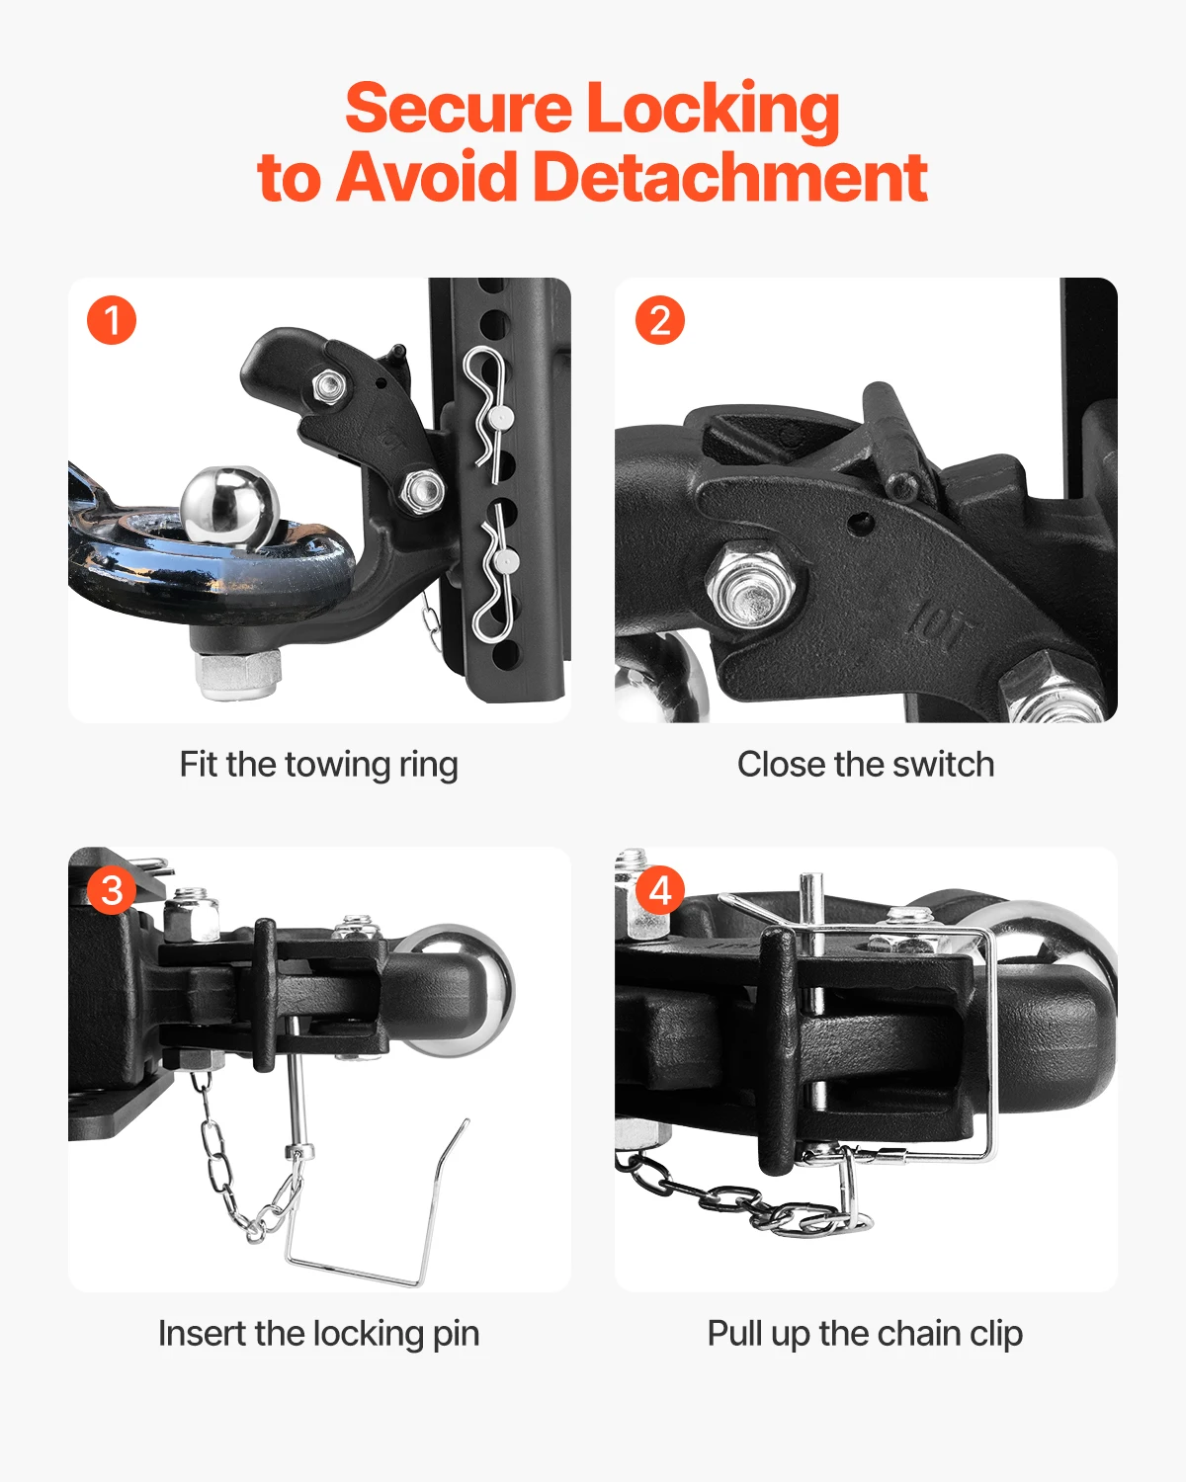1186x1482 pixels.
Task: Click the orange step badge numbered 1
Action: (112, 321)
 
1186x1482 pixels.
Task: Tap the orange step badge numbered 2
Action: (660, 321)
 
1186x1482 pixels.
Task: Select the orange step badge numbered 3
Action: (112, 890)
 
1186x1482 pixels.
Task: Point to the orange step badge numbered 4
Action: (660, 890)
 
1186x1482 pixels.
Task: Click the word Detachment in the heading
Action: (729, 178)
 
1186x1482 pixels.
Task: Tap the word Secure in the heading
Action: (458, 109)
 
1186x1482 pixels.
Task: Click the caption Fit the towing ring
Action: (318, 765)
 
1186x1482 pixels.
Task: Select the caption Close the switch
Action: (866, 765)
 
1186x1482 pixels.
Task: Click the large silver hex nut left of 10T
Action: (751, 590)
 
